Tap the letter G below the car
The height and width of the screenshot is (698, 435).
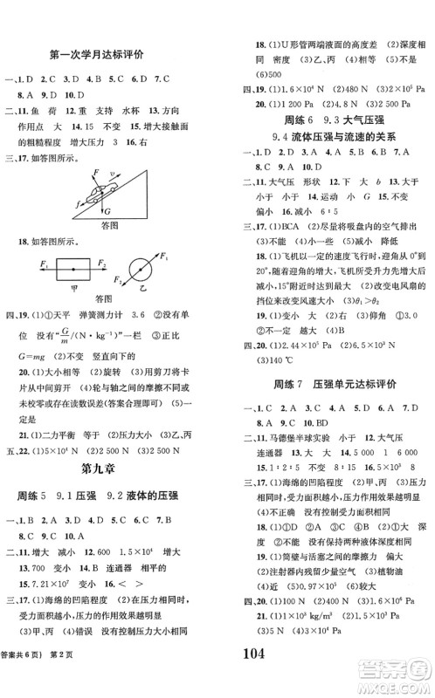107,211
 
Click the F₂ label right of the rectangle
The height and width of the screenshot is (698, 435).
101,262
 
